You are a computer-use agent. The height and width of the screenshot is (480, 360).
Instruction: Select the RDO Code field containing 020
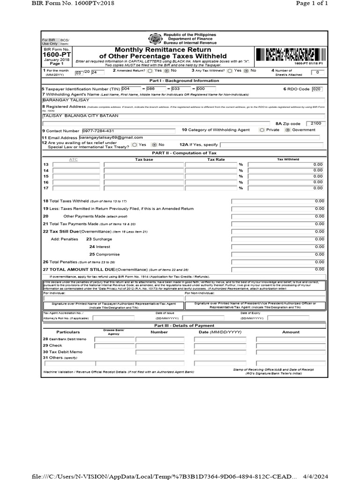(317, 89)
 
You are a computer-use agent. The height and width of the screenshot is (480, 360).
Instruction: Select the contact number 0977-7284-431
(97, 130)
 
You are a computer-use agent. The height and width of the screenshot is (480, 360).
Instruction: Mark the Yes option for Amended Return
(150, 70)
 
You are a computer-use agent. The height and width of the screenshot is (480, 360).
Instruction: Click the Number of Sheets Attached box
(317, 72)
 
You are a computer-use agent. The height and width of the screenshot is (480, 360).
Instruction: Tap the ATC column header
(73, 159)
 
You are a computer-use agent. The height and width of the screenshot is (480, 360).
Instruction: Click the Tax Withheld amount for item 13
(285, 165)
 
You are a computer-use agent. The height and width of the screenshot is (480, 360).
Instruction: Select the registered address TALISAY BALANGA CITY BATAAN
(81, 115)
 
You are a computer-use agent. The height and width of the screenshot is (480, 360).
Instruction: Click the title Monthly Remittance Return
(163, 50)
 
